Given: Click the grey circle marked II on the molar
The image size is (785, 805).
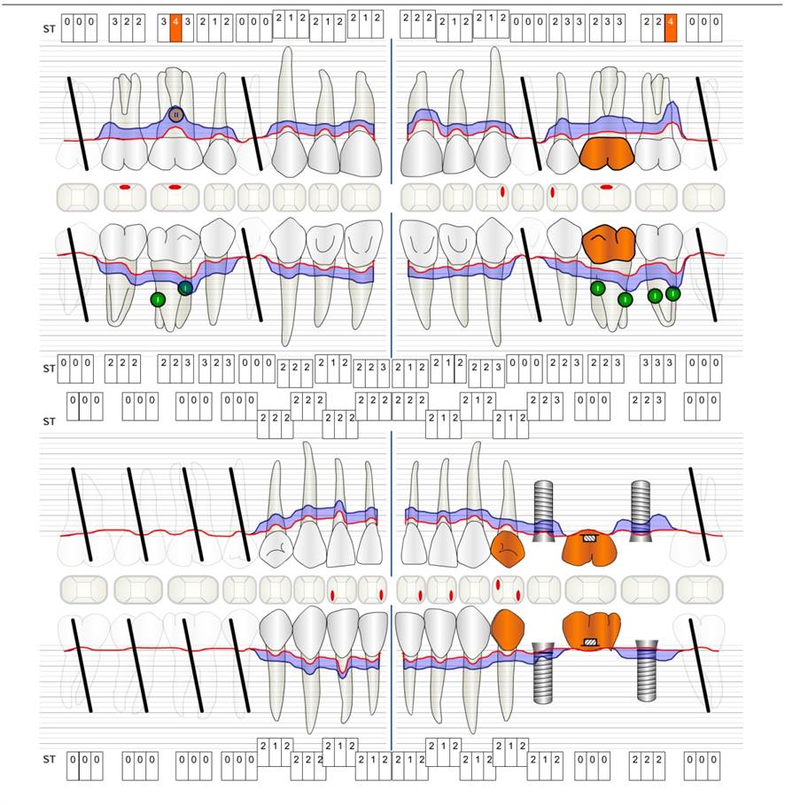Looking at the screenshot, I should coord(175,114).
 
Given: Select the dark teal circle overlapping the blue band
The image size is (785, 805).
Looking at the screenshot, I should coord(184,288).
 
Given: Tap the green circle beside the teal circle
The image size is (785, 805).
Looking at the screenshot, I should coord(158,299).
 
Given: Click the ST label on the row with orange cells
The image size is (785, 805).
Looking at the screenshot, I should coord(49,29).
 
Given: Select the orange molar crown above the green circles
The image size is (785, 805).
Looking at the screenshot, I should coord(610,243).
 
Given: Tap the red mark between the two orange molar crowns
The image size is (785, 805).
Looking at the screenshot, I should coord(607,187).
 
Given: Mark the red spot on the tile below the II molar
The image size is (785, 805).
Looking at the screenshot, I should coord(175,187).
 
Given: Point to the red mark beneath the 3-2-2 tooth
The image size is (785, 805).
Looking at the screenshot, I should coord(125,187).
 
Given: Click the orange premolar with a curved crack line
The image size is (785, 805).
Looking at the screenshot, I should coord(507,549).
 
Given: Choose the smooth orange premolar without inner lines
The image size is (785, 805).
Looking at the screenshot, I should coord(509,628).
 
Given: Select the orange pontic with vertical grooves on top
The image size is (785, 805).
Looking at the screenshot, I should coord(589,628).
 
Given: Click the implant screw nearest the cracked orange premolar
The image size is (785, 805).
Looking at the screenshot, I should coord(544,509).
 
